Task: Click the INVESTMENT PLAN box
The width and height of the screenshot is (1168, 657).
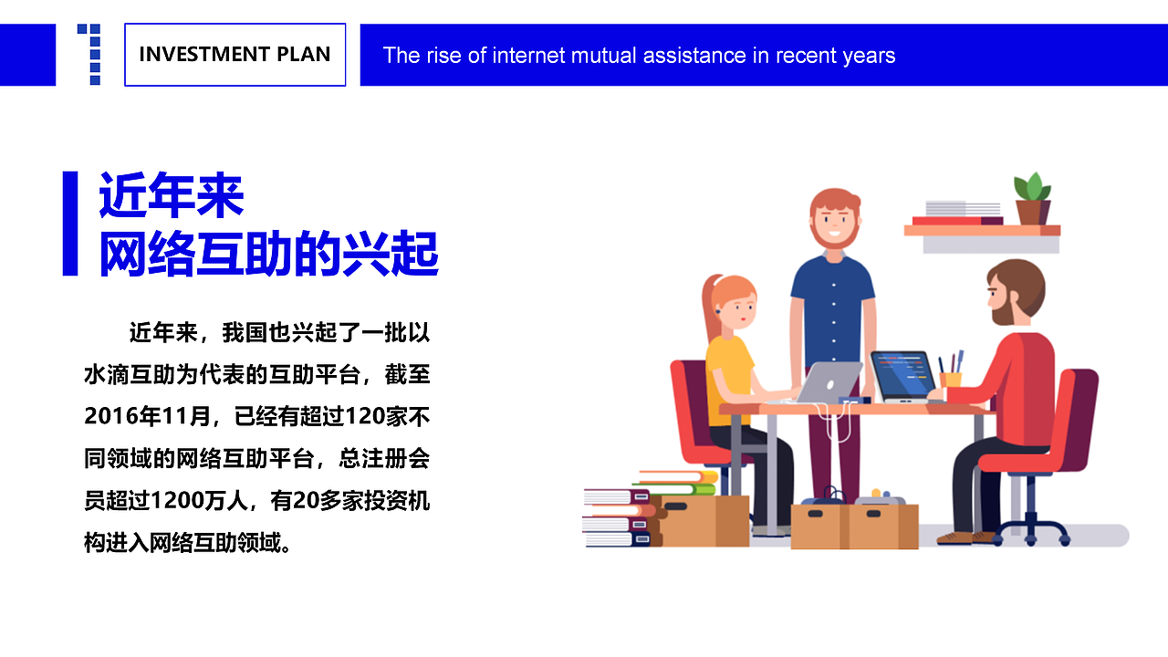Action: point(235,55)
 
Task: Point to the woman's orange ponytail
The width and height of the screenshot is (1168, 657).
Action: point(708,310)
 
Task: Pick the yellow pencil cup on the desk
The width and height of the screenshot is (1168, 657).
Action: point(951,378)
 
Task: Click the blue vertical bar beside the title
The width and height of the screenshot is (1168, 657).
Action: point(70,223)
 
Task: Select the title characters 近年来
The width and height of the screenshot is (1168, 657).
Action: point(172,196)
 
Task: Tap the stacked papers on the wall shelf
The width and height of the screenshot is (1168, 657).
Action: point(962,209)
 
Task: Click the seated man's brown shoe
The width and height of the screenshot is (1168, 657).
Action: point(954,538)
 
